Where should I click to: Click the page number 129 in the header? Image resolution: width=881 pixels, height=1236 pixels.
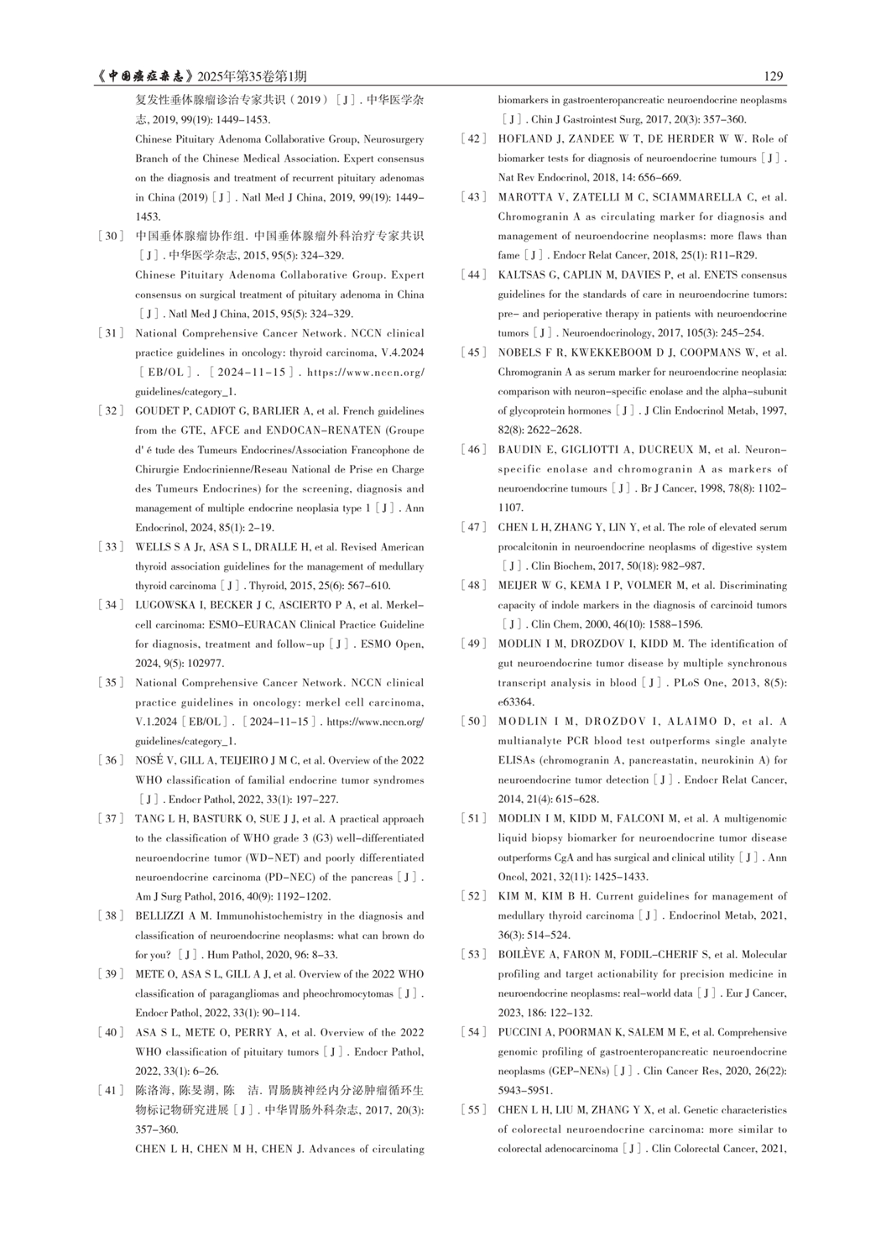774,76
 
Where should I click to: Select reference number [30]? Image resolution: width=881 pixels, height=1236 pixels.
111,236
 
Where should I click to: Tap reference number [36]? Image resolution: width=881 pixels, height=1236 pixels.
111,760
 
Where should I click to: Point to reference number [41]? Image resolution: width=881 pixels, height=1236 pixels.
111,1091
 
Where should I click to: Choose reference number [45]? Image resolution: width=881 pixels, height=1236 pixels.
474,352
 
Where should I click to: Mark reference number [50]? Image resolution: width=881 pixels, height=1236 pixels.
474,722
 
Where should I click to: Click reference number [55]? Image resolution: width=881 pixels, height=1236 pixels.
474,1110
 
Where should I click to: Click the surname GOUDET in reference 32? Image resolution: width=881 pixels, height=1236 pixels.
158,411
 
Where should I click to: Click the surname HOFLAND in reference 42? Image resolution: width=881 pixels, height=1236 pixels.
524,138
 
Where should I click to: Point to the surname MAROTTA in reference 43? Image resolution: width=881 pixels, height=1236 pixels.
525,197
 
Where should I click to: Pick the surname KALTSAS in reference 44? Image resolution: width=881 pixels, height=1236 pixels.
525,275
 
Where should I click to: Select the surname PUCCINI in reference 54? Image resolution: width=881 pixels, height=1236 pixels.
522,1033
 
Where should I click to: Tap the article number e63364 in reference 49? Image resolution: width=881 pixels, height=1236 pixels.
515,702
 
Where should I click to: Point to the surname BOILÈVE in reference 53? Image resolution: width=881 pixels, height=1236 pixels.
524,955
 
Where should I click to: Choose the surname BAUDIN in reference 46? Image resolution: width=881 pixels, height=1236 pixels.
520,450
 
